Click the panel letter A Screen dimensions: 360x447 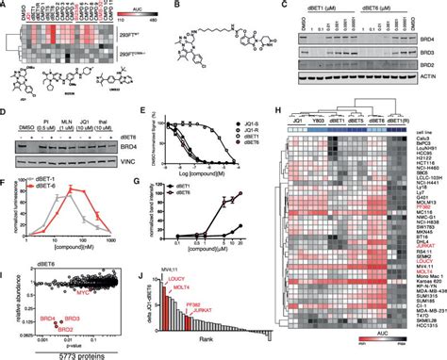point(5,7)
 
